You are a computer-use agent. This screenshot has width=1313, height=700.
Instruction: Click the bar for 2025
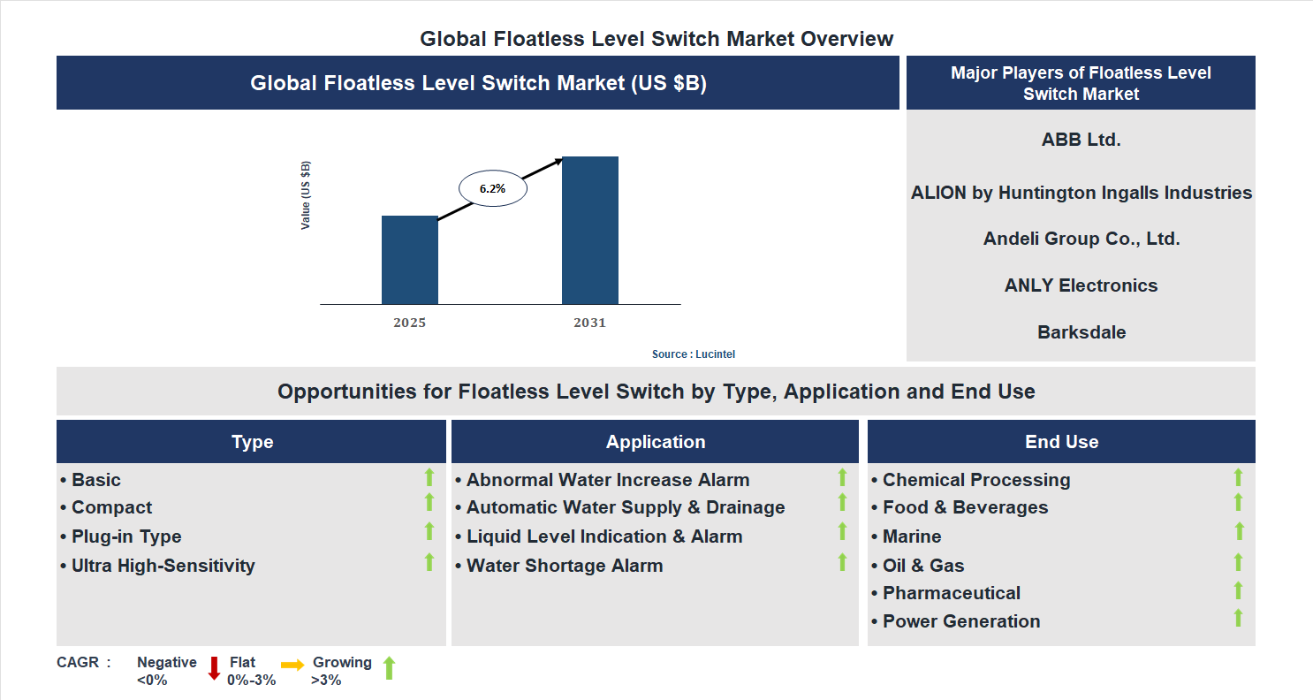click(409, 260)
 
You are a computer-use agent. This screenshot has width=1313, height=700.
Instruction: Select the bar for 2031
click(589, 231)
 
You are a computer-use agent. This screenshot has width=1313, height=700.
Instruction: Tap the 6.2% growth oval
click(493, 188)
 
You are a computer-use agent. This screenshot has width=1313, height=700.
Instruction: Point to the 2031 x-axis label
click(589, 323)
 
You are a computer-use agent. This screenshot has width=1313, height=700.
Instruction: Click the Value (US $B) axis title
click(306, 195)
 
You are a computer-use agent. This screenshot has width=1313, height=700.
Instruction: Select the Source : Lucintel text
click(693, 354)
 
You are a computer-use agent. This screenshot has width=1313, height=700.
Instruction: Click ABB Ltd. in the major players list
click(1081, 139)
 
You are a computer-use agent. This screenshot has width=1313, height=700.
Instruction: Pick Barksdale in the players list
click(1081, 332)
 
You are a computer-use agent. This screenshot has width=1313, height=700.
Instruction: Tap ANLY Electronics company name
click(1081, 285)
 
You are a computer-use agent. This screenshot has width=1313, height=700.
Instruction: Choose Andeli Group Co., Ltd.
click(1081, 239)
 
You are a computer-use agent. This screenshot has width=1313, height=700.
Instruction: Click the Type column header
click(252, 442)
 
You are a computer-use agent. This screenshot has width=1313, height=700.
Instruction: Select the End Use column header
click(1061, 442)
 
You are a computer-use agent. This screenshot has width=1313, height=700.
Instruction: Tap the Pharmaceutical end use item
click(951, 593)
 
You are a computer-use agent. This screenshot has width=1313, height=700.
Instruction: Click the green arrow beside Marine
click(1238, 532)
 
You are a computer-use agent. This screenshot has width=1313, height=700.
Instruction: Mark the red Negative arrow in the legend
click(214, 668)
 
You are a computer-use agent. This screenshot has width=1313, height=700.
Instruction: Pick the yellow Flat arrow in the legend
click(292, 664)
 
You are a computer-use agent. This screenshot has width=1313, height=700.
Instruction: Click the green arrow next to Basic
click(429, 477)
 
